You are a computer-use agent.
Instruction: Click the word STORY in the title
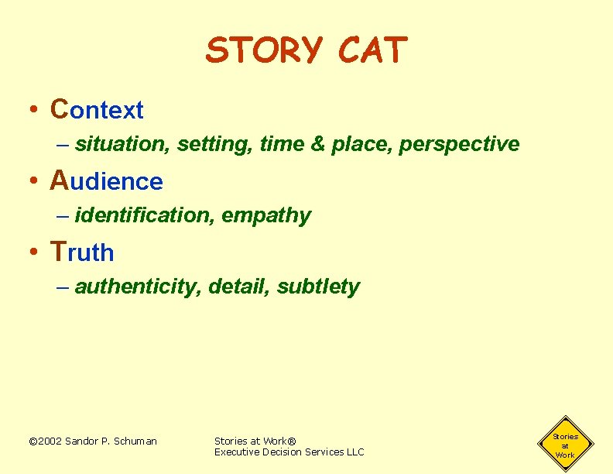264,51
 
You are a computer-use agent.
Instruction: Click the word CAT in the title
372,51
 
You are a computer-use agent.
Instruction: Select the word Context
97,110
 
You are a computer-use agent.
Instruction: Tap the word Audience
107,181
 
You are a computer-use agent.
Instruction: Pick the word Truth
82,252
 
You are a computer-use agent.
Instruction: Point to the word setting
204,144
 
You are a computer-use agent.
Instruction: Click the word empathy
266,216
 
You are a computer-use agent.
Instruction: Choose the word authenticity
138,287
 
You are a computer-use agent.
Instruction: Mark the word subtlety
318,287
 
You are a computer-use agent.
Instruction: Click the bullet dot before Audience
34,181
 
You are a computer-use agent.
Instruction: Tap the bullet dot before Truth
34,252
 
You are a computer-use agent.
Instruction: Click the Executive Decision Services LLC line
289,452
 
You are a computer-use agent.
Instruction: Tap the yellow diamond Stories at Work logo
565,445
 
